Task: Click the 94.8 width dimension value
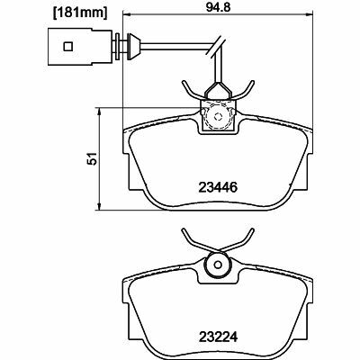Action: [218, 7]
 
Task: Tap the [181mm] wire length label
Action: [80, 13]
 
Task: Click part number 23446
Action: [218, 188]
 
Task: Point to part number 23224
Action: [218, 337]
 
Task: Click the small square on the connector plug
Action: [68, 47]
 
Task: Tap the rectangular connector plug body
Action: [79, 47]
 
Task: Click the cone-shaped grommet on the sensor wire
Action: [133, 46]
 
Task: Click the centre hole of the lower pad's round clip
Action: [218, 265]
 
